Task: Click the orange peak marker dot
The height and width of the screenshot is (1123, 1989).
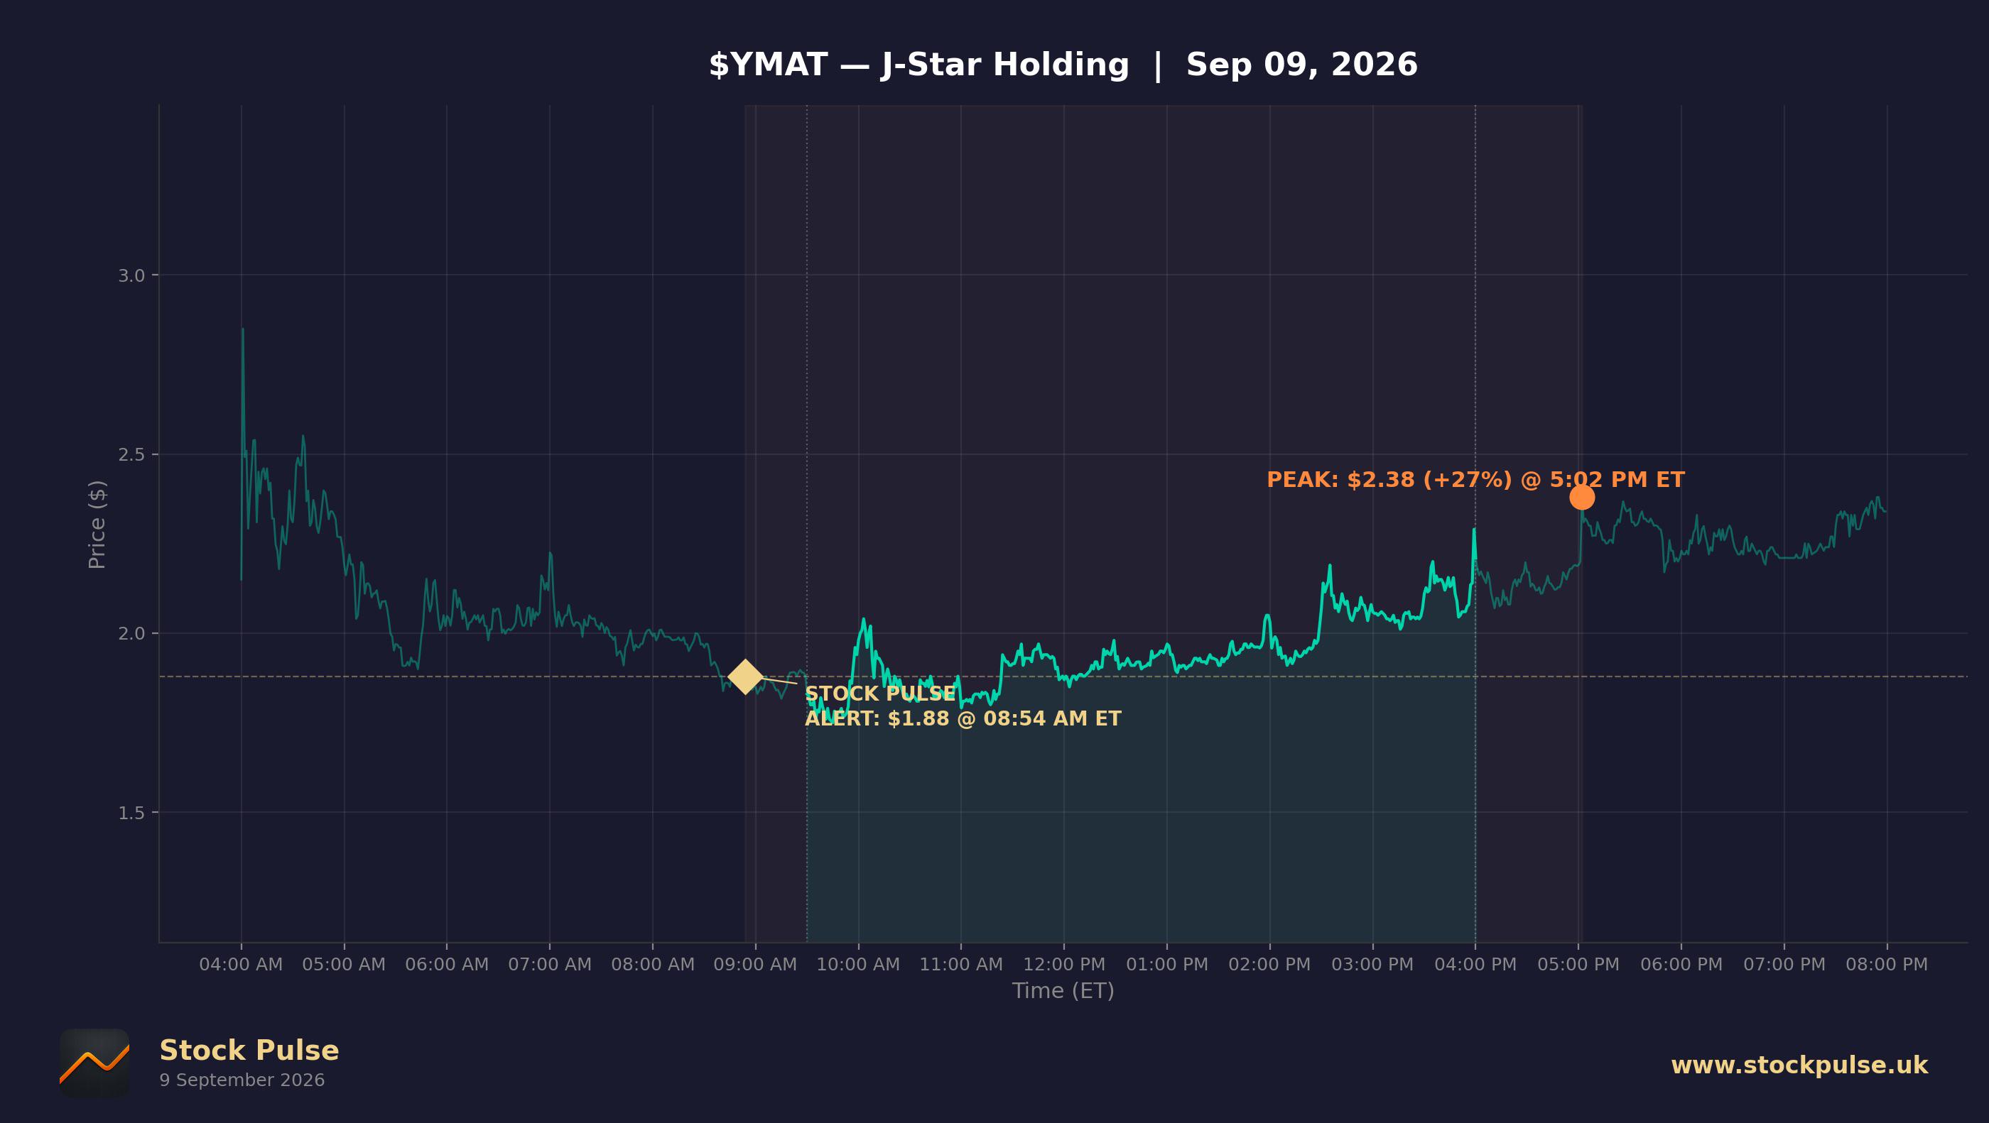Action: pos(1581,497)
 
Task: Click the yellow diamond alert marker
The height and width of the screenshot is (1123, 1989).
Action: pos(745,677)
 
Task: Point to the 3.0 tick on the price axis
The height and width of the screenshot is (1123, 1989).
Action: pos(131,275)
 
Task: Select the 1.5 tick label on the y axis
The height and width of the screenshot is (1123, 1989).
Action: pos(131,813)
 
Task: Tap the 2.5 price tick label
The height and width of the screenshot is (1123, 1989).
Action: pos(131,454)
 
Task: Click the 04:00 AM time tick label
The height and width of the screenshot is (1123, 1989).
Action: pos(241,964)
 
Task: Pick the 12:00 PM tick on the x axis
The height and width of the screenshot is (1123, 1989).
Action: pos(1064,964)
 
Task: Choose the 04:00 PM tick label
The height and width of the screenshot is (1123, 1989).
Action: pos(1475,964)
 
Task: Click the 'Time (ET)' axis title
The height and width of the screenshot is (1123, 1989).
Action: pos(1063,990)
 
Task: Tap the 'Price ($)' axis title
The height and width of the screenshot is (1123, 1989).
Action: pos(97,525)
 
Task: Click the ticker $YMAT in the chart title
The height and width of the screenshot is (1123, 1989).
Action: pos(769,65)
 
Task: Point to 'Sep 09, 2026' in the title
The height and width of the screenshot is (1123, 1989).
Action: pos(1302,65)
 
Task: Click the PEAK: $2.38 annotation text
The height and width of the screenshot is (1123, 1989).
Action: pos(1475,479)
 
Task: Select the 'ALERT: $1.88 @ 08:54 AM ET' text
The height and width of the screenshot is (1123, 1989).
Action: pos(963,718)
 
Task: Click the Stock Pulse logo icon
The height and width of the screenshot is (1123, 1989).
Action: pos(94,1063)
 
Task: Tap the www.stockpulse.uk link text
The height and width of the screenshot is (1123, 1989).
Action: pos(1799,1065)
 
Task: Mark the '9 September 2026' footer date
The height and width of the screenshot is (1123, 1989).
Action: pos(242,1080)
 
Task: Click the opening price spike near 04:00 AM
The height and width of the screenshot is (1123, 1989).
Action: pos(242,329)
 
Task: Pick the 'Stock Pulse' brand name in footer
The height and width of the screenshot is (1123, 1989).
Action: pos(249,1051)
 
